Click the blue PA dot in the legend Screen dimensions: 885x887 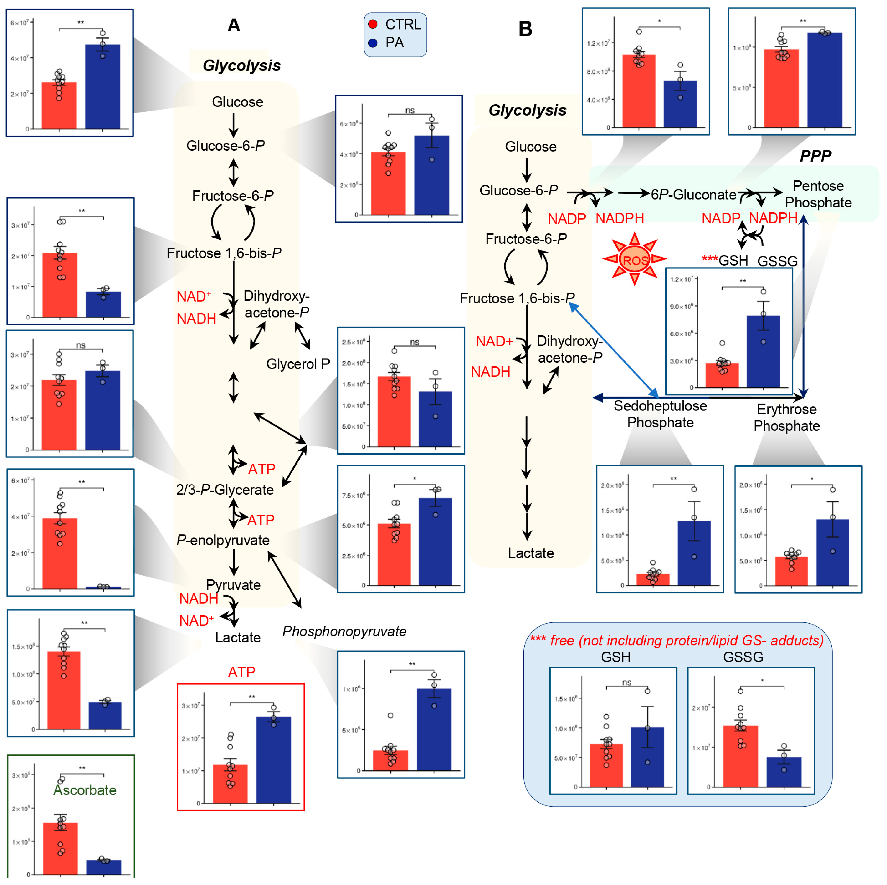coord(373,43)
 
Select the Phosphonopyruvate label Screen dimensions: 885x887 coord(344,631)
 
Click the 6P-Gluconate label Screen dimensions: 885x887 coord(693,195)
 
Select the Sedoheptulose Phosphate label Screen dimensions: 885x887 coord(660,414)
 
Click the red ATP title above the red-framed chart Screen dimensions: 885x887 coord(241,672)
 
